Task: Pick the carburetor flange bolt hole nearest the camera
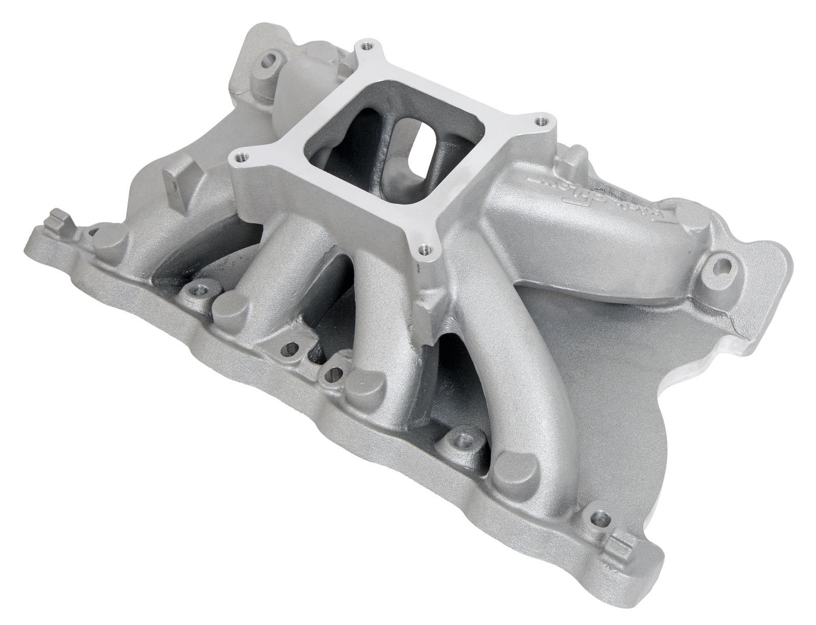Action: (424, 249)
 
